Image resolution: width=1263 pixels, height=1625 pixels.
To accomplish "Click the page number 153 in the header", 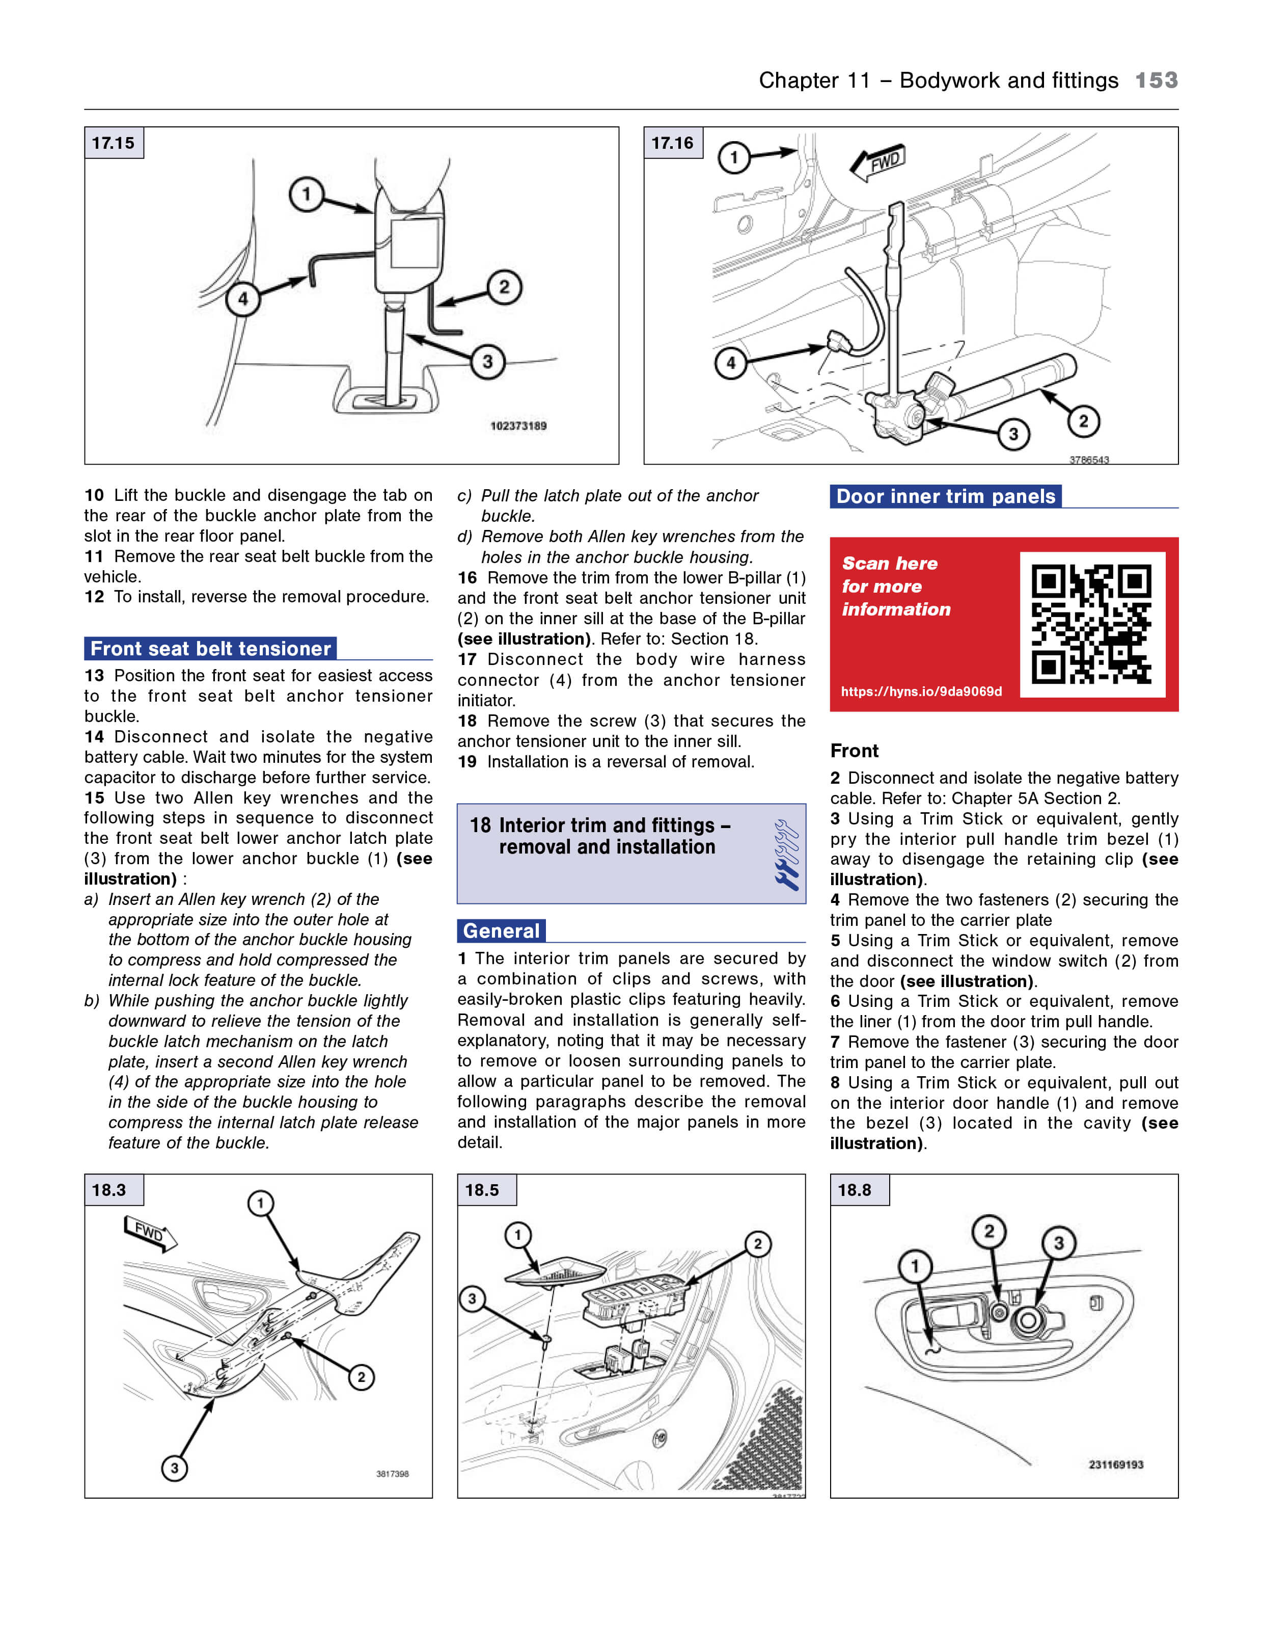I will (x=1156, y=81).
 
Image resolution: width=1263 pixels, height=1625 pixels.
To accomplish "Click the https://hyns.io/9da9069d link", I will (x=921, y=691).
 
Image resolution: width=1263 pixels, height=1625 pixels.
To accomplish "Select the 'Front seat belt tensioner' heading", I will (x=210, y=649).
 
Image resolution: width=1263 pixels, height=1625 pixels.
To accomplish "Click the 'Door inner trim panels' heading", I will (x=945, y=496).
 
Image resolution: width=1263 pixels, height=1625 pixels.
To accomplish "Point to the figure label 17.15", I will (x=113, y=143).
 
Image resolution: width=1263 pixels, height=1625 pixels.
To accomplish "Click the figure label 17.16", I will (x=672, y=143).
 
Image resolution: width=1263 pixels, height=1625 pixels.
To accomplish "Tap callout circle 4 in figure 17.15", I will (x=242, y=299).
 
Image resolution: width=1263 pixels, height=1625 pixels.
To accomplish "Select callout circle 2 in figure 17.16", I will (x=1083, y=421).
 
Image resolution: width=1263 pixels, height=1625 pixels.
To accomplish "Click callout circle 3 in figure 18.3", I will (x=175, y=1468).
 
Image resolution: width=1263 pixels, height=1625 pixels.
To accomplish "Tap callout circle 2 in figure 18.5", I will (x=757, y=1243).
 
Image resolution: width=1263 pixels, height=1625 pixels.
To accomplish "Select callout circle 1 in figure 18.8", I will (x=915, y=1266).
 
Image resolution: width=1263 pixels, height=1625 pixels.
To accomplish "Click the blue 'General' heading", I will (x=501, y=931).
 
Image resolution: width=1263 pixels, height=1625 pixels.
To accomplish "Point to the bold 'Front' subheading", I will (x=855, y=751).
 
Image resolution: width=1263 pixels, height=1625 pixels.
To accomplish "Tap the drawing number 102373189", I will (x=518, y=425).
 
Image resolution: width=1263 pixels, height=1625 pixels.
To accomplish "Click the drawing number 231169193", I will (x=1116, y=1464).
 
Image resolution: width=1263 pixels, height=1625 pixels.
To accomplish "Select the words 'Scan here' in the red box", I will (x=890, y=563).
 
